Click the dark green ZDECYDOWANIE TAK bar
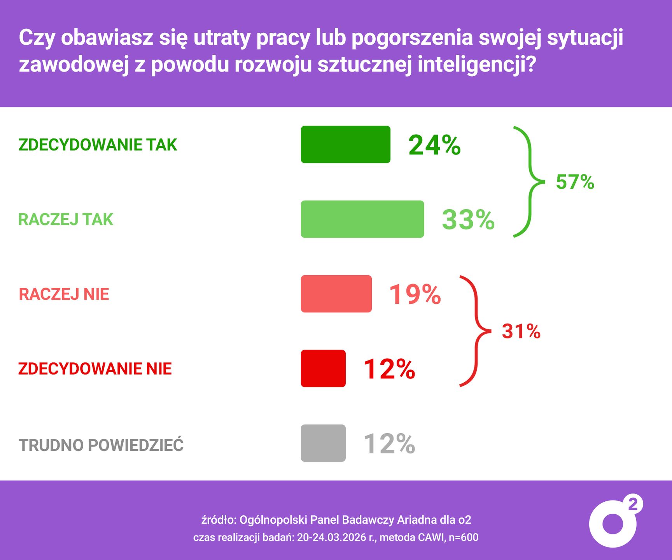345,144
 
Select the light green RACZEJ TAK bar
362,219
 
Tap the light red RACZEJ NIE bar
336,294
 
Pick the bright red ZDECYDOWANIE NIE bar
323,368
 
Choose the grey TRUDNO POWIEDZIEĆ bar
323,443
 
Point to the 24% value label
434,145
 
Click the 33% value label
468,220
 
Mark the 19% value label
415,294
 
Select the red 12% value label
389,369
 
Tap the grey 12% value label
389,444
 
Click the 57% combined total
575,182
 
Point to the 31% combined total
521,331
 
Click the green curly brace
528,182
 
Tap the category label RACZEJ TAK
66,220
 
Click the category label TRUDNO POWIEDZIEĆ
101,445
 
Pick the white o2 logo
614,522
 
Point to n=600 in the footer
464,537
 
